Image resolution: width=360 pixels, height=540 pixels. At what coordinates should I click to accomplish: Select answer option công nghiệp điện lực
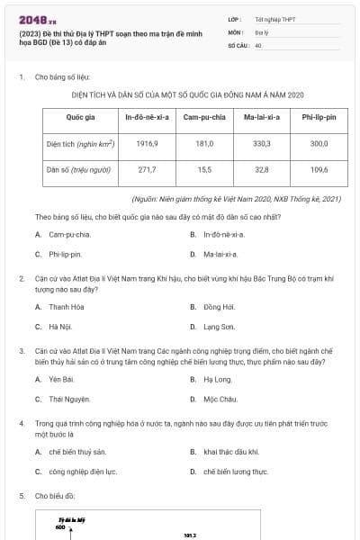coord(83,471)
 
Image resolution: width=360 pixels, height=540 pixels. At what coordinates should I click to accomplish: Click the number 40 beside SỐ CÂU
coord(258,44)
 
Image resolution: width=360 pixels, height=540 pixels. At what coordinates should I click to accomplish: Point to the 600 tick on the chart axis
coord(59,528)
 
